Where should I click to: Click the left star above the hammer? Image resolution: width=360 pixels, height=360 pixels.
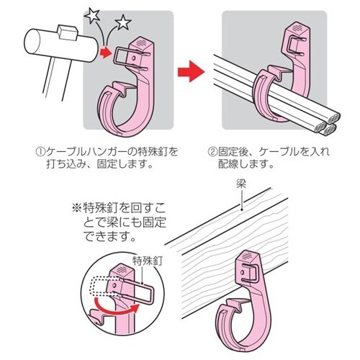[93, 15]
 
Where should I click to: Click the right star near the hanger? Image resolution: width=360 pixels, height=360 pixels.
[123, 23]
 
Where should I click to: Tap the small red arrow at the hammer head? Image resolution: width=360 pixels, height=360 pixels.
[107, 53]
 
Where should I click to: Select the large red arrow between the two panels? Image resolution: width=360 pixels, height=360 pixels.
[191, 71]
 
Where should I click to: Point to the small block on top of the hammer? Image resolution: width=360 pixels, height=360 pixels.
[67, 32]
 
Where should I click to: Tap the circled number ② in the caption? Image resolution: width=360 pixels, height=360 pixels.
[212, 152]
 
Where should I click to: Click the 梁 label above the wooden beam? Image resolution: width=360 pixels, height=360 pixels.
[241, 184]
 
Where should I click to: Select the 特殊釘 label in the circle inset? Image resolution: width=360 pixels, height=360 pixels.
[148, 261]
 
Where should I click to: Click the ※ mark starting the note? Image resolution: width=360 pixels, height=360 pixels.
[77, 208]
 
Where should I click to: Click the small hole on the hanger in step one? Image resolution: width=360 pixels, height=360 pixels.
[134, 58]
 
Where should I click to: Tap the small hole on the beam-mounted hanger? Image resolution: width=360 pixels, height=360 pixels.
[243, 272]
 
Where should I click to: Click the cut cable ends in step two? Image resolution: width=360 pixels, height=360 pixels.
[327, 124]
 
